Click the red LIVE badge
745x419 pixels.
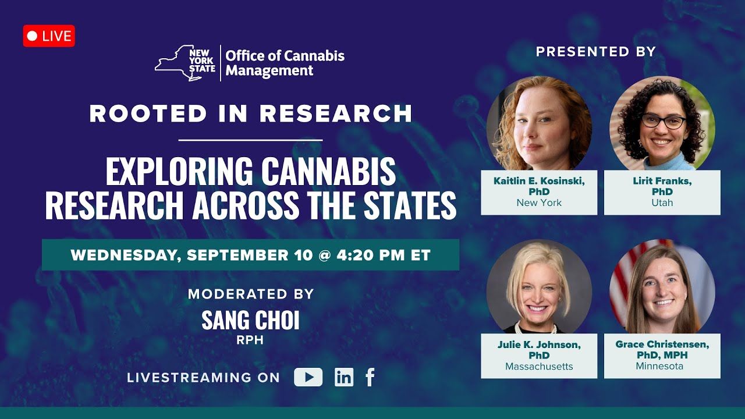point(49,36)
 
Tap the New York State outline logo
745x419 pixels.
point(185,63)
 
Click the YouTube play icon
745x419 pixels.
point(308,377)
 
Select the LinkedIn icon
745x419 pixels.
point(344,377)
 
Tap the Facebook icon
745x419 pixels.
point(370,377)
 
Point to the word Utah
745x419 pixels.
point(662,203)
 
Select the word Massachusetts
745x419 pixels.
point(539,366)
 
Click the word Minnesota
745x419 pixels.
point(659,366)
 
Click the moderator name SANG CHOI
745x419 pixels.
point(250,320)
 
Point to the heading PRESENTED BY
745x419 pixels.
point(595,52)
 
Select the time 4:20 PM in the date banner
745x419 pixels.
point(371,255)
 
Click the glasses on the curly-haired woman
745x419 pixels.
point(663,121)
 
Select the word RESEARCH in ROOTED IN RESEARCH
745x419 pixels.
point(336,113)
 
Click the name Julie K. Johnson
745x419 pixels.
point(539,345)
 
